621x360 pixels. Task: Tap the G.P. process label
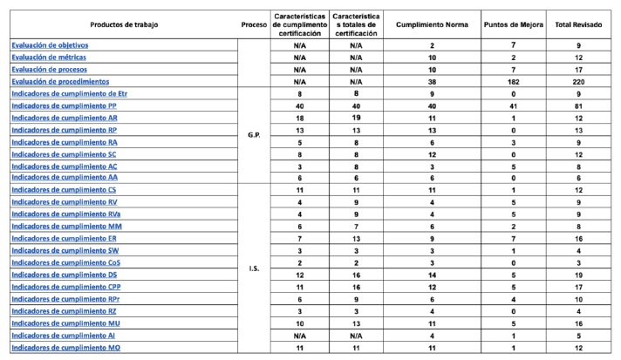[254, 136]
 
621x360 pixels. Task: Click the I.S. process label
[254, 269]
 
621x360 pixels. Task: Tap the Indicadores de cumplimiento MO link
[65, 347]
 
